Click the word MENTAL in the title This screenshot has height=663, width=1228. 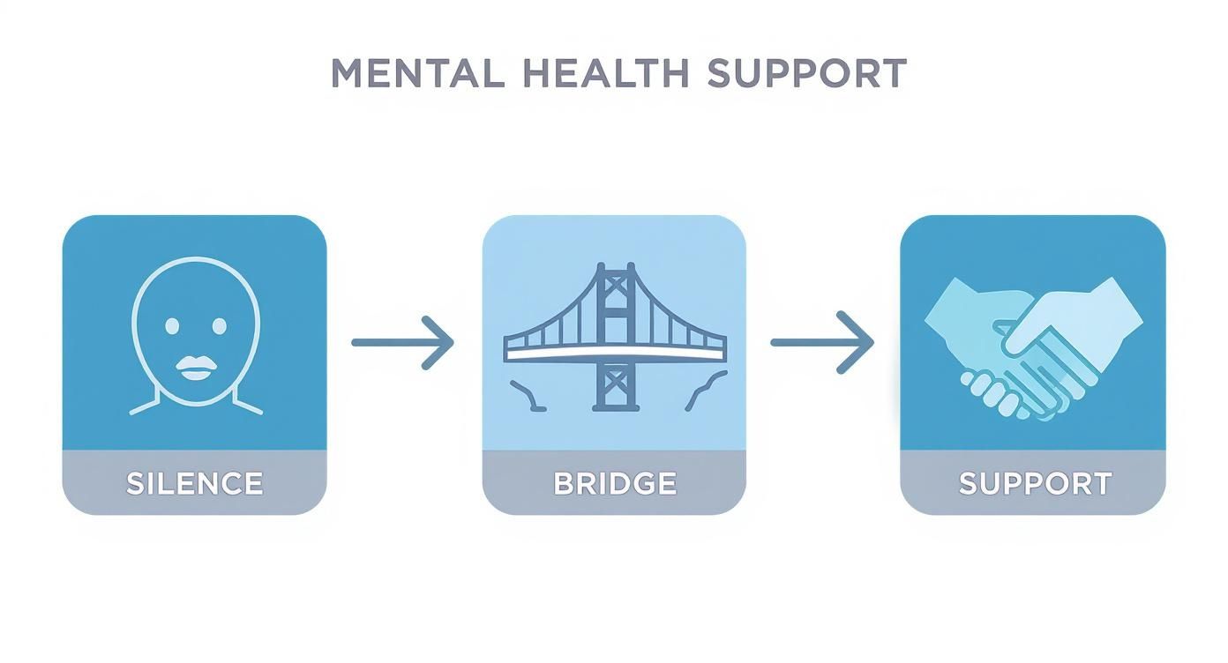point(417,73)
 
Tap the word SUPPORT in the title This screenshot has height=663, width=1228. point(807,73)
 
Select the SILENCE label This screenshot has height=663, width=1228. point(194,483)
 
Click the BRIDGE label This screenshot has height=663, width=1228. point(615,483)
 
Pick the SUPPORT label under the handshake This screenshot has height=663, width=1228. point(1034,483)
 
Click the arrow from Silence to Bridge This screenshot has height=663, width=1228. point(402,342)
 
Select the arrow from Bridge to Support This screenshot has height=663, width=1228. point(821,342)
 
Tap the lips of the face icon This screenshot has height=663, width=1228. point(195,369)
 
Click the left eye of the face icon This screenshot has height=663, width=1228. point(172,326)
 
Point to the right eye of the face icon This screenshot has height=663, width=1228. point(220,326)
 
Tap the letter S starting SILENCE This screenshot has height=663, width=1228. point(135,483)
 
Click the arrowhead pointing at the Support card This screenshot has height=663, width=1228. point(860,342)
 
